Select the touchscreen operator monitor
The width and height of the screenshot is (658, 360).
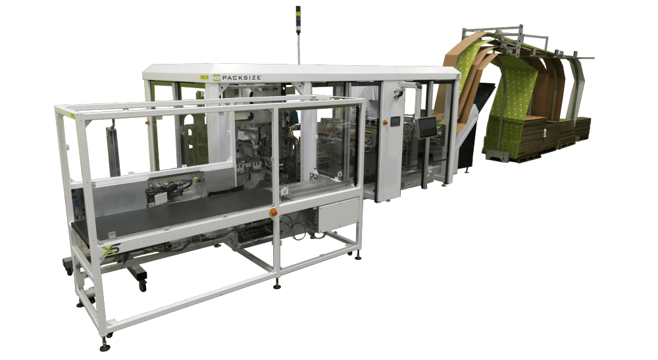pos(427,127)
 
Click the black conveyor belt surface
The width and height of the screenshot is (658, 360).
pos(164,214)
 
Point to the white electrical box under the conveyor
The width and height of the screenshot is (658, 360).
pos(338,217)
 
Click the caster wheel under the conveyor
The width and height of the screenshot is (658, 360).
pos(141,282)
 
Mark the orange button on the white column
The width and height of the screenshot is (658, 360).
pos(273,212)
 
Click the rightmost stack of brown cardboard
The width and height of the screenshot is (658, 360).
pos(582,128)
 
